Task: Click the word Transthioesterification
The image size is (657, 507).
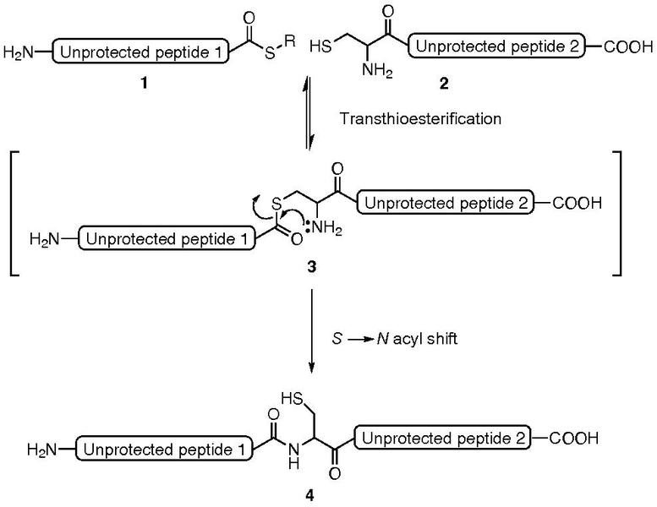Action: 420,120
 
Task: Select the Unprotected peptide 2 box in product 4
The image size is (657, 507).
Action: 444,437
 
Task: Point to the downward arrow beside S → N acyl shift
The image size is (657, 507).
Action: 312,333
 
